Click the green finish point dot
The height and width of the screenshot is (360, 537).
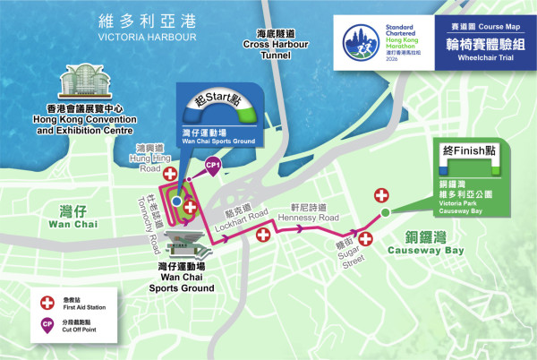385,212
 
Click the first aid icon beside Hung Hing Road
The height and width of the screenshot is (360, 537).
167,170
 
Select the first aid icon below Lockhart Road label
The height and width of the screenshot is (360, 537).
263,235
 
